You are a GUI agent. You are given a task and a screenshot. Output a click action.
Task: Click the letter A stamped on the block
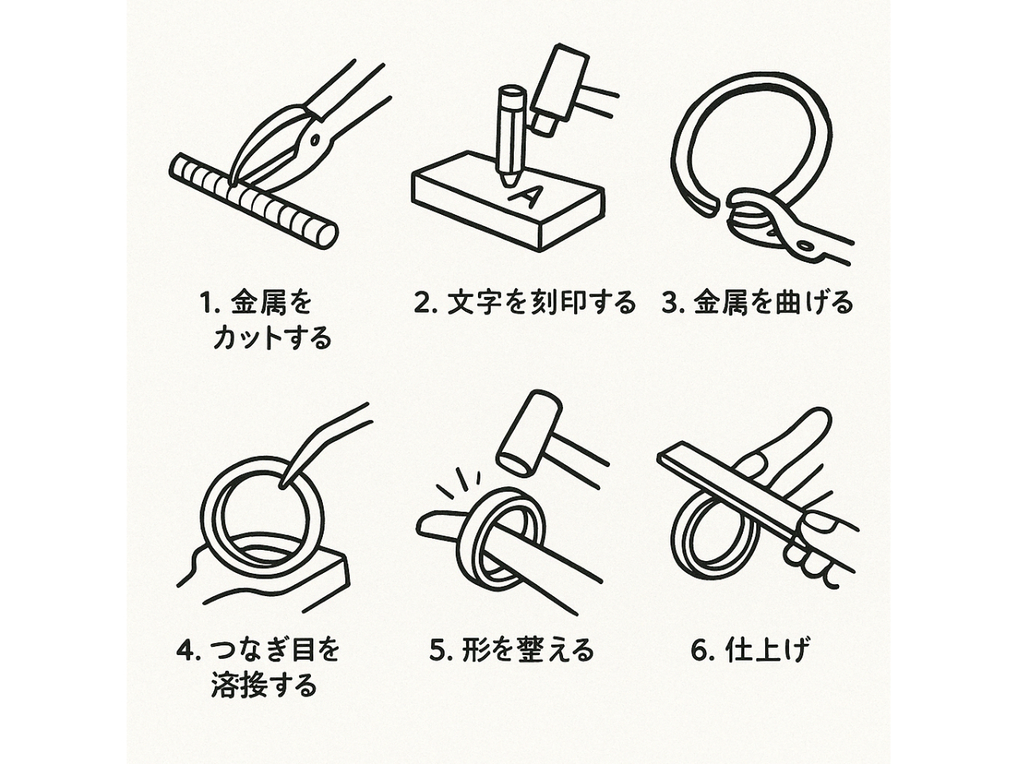[x=525, y=196]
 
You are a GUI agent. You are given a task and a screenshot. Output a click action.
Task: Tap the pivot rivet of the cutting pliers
[x=315, y=139]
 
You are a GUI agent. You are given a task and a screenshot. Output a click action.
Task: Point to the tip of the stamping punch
[x=508, y=184]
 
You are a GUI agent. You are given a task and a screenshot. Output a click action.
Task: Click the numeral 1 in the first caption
[x=208, y=303]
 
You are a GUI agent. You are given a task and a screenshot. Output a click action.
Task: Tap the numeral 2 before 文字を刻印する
[x=422, y=303]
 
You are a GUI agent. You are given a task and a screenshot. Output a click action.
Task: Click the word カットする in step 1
[x=272, y=337]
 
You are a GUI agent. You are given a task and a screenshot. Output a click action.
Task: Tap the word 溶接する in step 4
[x=264, y=684]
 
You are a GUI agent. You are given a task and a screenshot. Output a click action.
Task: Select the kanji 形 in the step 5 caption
[x=474, y=650]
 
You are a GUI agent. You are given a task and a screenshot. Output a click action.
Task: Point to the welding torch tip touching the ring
[x=282, y=485]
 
